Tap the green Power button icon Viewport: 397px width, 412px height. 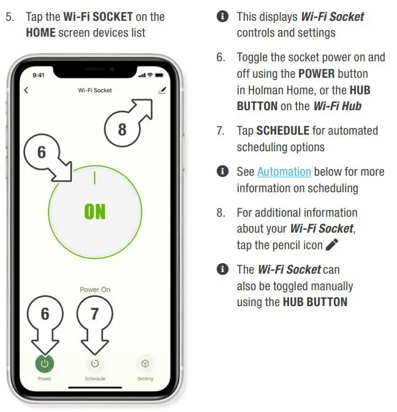[44, 363]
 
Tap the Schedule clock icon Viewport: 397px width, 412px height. [94, 364]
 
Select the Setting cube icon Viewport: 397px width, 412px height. [145, 363]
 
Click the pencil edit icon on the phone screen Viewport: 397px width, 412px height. [162, 90]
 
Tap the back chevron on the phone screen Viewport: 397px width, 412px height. [26, 91]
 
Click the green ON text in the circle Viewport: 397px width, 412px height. [94, 212]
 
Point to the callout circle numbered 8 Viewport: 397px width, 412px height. [123, 130]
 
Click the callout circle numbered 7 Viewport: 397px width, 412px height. [94, 314]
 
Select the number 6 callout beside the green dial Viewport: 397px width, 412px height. [42, 151]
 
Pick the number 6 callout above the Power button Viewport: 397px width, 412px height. [45, 314]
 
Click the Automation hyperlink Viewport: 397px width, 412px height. [284, 172]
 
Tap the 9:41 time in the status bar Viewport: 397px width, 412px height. [39, 75]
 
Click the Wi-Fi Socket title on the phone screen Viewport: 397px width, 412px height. [94, 91]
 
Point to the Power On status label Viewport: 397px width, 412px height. [94, 290]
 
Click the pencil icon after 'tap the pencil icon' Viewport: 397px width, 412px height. [332, 245]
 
